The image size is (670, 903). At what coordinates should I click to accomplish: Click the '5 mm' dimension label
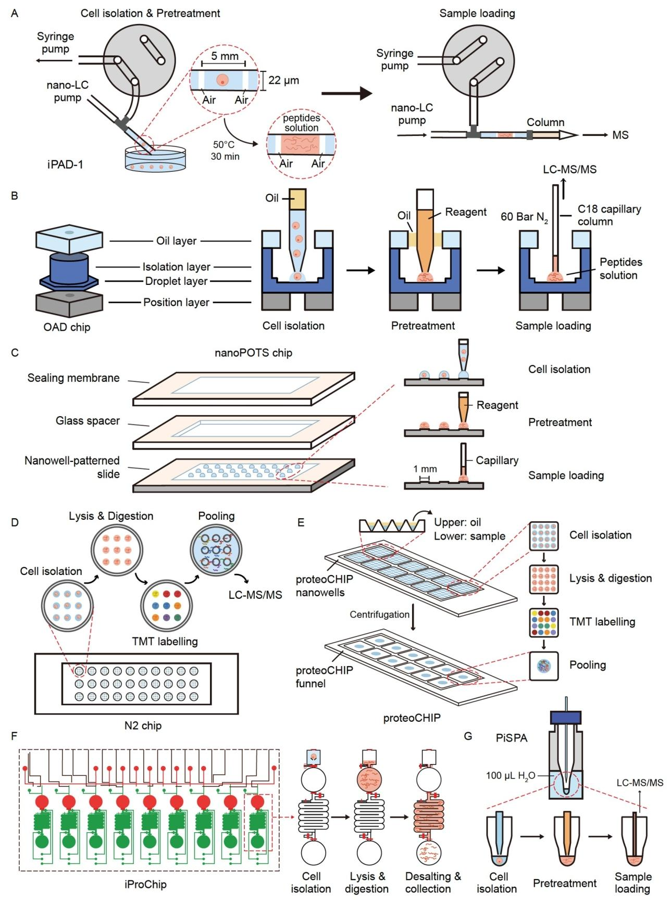225,56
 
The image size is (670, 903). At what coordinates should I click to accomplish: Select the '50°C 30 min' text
225,150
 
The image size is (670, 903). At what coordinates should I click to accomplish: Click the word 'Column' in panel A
545,122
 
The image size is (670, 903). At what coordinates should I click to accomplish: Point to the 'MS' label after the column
621,135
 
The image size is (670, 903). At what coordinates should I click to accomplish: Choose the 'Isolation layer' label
176,267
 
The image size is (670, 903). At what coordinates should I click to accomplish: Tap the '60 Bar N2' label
524,217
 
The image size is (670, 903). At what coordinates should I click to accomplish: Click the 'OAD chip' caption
67,328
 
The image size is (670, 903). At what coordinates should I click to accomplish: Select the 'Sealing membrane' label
73,378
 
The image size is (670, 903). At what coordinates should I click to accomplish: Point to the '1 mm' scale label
425,469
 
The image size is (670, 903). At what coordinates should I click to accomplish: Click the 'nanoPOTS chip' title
253,353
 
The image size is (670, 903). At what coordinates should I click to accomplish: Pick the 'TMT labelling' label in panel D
165,641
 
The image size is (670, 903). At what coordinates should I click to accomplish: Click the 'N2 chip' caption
143,725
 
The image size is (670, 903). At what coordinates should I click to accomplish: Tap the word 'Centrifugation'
379,614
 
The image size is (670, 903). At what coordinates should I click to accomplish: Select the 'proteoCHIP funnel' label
324,676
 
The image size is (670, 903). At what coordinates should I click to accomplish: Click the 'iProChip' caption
145,884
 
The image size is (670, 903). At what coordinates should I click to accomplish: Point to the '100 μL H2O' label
511,776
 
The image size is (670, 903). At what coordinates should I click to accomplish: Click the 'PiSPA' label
512,738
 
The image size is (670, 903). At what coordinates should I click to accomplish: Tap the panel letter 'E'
301,522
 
